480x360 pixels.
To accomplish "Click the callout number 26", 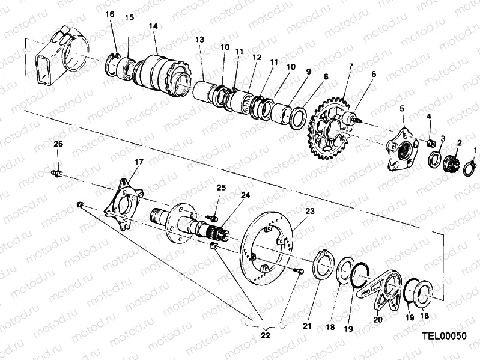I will point(58,144).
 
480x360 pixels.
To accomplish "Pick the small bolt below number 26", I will point(57,173).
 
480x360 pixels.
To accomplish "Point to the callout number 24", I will point(245,194).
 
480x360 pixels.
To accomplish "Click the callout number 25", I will point(221,188).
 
